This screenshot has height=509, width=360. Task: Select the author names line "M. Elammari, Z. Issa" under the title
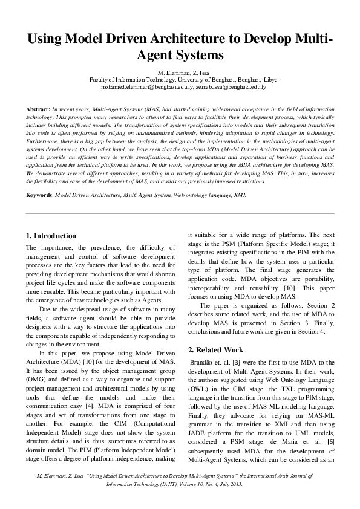point(180,73)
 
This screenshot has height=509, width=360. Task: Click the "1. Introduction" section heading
point(51,235)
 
